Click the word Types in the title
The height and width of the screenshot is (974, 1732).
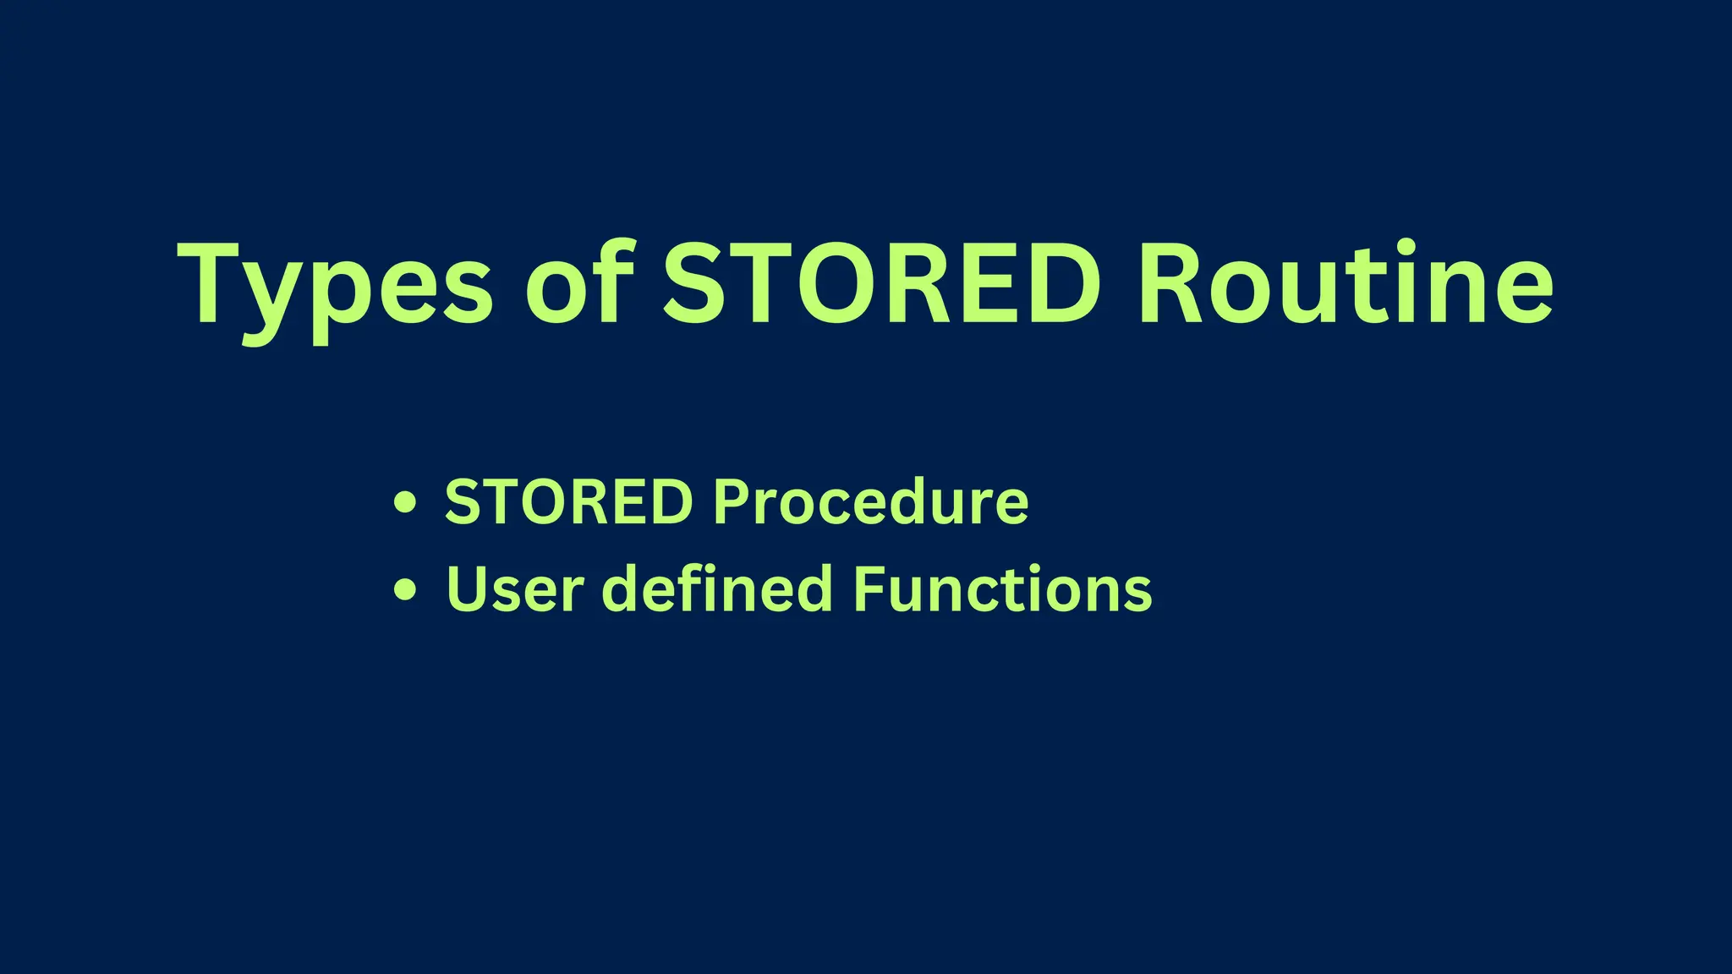click(x=335, y=284)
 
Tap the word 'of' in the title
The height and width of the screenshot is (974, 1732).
click(x=580, y=284)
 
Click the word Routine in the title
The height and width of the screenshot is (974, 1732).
click(x=1345, y=284)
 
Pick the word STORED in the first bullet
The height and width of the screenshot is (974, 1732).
click(x=568, y=502)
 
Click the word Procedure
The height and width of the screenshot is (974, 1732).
click(x=871, y=502)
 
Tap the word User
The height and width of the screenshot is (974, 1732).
click(x=514, y=589)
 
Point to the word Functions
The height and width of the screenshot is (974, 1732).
click(x=1003, y=589)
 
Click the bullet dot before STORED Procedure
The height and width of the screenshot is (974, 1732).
click(x=406, y=503)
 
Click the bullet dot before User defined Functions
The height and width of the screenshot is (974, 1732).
click(x=406, y=589)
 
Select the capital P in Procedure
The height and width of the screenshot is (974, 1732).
click(x=732, y=502)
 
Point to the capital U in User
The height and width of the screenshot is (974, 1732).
click(x=467, y=589)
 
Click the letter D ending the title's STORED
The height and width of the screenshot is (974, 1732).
click(x=1057, y=284)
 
